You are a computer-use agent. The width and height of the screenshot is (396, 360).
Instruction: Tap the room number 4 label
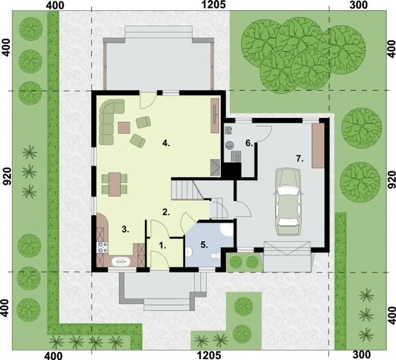[x=166, y=143]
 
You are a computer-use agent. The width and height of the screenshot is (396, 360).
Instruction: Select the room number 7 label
[x=300, y=158]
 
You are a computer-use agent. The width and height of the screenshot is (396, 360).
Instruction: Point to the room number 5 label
[x=204, y=245]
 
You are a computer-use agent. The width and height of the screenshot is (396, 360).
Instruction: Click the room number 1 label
[x=162, y=246]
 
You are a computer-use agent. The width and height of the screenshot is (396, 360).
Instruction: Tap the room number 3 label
[x=125, y=229]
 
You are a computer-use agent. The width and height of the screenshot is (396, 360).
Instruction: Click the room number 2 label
[x=166, y=212]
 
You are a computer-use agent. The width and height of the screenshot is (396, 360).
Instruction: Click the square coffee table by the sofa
[x=124, y=128]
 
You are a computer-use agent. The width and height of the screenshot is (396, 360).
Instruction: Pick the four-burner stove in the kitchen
[x=103, y=247]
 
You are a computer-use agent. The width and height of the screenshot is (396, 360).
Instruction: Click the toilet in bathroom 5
[x=216, y=256]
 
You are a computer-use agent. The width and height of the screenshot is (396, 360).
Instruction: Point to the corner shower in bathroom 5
[x=227, y=230]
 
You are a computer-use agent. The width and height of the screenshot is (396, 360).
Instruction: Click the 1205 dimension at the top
[x=213, y=5]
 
